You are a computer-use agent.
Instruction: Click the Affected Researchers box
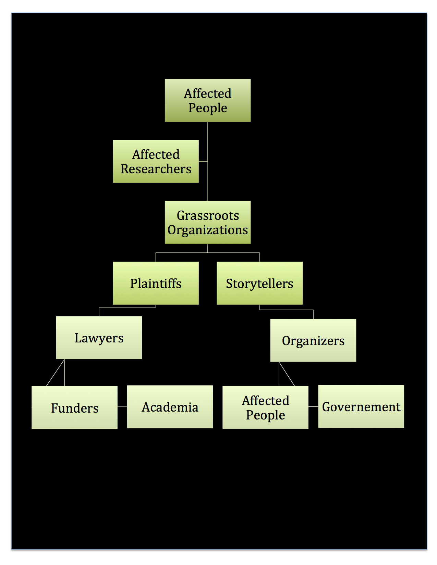click(x=156, y=161)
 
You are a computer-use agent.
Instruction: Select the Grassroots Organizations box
click(x=207, y=222)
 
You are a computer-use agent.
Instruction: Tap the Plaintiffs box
click(x=156, y=283)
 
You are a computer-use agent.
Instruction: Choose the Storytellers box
click(x=259, y=283)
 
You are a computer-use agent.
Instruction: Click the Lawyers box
click(x=99, y=338)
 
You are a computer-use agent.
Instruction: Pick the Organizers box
click(x=313, y=340)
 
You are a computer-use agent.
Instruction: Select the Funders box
click(x=74, y=407)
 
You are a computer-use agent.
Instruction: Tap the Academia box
click(x=170, y=407)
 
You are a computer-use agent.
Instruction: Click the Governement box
click(x=361, y=406)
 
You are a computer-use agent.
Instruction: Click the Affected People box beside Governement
click(x=265, y=407)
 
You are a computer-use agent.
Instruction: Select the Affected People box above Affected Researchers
click(x=207, y=100)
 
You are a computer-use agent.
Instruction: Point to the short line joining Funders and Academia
click(x=122, y=407)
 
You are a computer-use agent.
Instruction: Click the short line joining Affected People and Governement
click(x=313, y=406)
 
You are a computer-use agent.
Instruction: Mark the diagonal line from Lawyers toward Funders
click(x=56, y=373)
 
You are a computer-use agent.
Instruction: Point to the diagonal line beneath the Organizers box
click(x=287, y=374)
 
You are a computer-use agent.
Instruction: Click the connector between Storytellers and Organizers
click(x=287, y=310)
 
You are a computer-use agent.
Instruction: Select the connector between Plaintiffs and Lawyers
click(x=127, y=307)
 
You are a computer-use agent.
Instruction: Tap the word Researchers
click(x=156, y=169)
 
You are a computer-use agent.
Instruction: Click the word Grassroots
click(x=208, y=215)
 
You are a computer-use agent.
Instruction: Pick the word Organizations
click(x=207, y=230)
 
